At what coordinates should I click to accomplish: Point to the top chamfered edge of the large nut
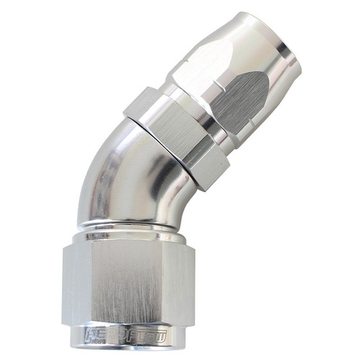(130, 245)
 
